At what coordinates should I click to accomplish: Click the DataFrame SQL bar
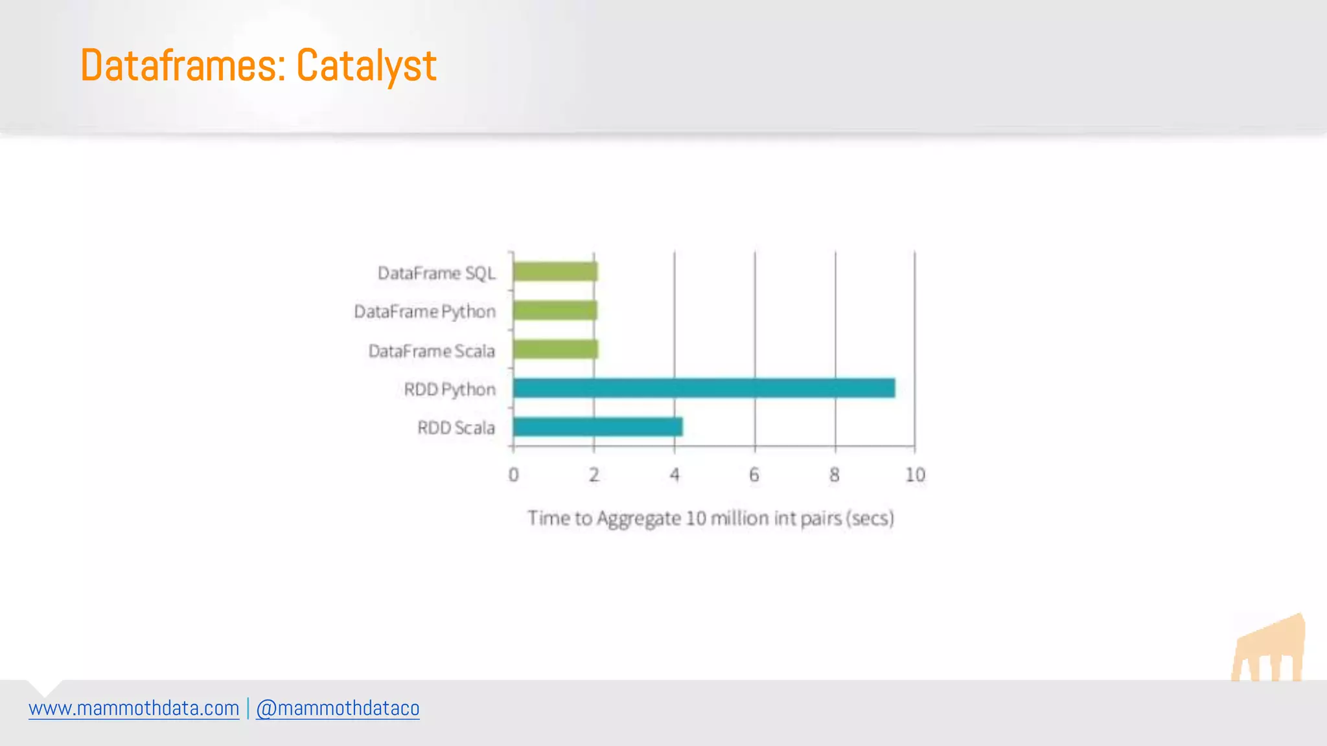555,272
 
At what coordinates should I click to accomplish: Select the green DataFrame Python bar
555,311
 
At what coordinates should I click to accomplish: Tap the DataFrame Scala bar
555,350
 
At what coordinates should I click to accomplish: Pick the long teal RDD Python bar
704,389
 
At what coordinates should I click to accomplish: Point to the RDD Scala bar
597,427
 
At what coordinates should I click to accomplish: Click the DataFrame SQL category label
437,273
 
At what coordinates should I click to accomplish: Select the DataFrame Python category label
425,312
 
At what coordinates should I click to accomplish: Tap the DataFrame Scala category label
432,351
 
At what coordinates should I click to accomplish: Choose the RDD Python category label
450,390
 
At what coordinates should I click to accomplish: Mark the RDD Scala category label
456,428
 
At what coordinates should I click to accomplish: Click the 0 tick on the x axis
514,475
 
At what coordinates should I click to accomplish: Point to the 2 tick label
594,475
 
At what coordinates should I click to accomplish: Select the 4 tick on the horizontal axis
675,475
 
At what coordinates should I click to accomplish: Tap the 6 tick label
754,475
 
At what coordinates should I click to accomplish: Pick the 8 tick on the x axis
835,475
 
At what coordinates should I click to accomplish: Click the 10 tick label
915,475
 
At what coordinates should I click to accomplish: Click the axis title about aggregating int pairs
711,519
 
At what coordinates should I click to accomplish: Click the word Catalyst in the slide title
366,66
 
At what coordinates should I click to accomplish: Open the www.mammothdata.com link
134,708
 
